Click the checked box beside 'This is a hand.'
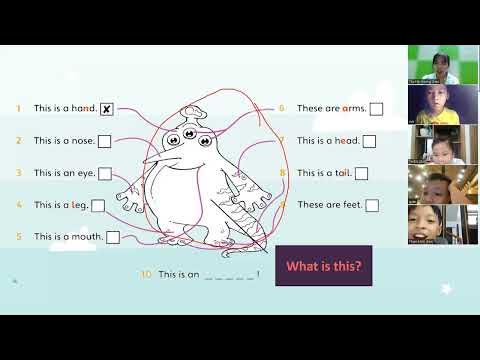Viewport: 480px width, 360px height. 106,109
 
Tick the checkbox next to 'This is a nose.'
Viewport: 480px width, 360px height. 105,141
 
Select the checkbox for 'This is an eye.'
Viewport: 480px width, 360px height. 105,173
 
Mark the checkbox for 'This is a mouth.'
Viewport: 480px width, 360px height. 113,237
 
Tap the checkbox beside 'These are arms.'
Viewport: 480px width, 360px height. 376,109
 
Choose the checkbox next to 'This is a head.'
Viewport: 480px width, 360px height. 370,141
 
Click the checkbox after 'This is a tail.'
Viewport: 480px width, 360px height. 362,173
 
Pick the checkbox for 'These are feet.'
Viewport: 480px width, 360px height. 372,205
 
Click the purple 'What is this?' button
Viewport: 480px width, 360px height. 323,266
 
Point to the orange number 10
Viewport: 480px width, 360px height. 146,273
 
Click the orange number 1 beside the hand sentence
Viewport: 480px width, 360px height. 18,109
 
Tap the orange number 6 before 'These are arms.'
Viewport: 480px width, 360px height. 282,109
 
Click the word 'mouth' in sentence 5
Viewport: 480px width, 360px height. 85,237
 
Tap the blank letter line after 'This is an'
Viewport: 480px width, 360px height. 229,274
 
